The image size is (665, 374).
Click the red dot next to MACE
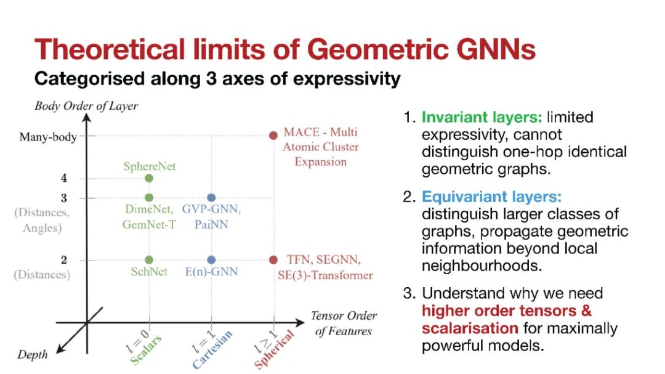point(273,136)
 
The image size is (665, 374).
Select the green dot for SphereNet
point(149,178)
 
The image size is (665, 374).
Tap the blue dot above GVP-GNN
point(211,197)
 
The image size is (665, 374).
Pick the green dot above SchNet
point(149,260)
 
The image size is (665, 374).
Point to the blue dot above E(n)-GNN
point(211,260)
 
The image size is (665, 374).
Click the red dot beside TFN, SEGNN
point(273,260)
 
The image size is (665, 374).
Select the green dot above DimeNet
point(149,197)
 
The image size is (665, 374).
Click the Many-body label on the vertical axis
point(48,137)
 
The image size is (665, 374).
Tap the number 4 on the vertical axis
point(63,178)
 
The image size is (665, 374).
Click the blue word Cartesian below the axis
point(212,350)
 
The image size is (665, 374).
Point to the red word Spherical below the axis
point(274,349)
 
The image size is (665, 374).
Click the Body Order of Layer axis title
point(86,106)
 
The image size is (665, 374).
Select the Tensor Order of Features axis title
point(344,323)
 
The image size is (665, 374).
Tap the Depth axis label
point(32,354)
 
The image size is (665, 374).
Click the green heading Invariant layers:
point(482,117)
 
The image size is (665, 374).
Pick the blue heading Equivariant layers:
point(491,197)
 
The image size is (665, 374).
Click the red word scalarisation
point(470,328)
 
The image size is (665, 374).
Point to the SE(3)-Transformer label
point(325,275)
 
